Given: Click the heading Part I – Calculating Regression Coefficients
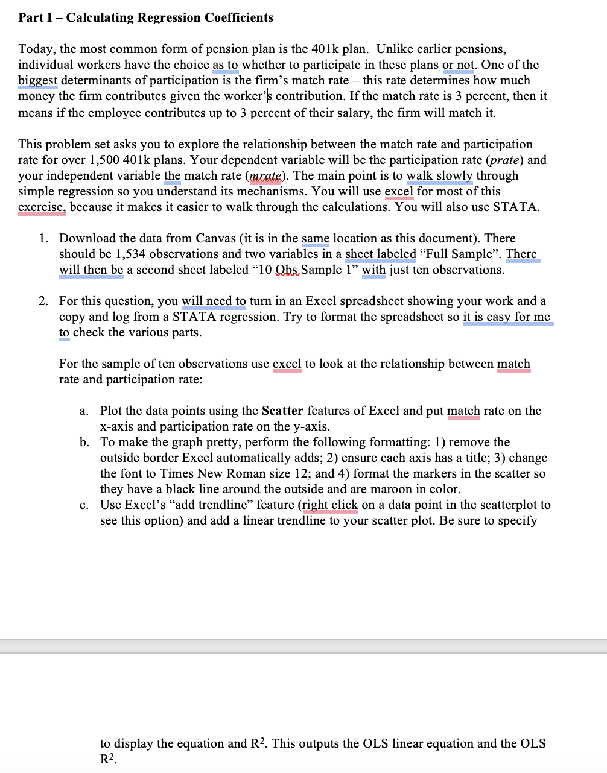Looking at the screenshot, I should pos(145,17).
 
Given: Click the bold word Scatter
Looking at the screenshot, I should pos(283,411).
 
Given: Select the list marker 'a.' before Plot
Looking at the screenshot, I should pos(84,411).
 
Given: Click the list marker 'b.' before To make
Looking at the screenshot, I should pos(85,442).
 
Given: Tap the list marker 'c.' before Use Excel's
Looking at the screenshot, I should pos(84,505).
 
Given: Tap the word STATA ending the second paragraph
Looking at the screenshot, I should pos(516,207).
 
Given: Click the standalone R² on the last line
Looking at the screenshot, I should pos(107,759).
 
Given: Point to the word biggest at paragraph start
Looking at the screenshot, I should pos(37,80).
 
